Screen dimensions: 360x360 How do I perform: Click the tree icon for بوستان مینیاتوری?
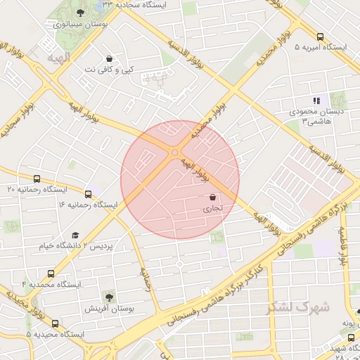pyautogui.click(x=81, y=13)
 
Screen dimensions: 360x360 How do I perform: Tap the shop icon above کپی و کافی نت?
pyautogui.click(x=109, y=58)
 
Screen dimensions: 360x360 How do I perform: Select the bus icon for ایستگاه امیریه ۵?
pyautogui.click(x=321, y=37)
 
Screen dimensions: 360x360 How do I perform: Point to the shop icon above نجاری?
pyautogui.click(x=212, y=198)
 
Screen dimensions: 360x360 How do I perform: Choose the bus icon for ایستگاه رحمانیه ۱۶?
pyautogui.click(x=88, y=194)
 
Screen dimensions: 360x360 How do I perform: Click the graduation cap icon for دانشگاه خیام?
pyautogui.click(x=75, y=236)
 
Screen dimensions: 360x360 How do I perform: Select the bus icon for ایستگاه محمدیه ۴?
pyautogui.click(x=50, y=274)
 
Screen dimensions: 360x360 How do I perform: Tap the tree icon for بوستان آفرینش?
pyautogui.click(x=109, y=297)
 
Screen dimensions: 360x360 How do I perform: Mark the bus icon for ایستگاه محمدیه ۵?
pyautogui.click(x=56, y=324)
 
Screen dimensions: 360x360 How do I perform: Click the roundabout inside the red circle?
pyautogui.click(x=174, y=151)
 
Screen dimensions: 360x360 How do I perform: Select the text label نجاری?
pyautogui.click(x=212, y=209)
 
